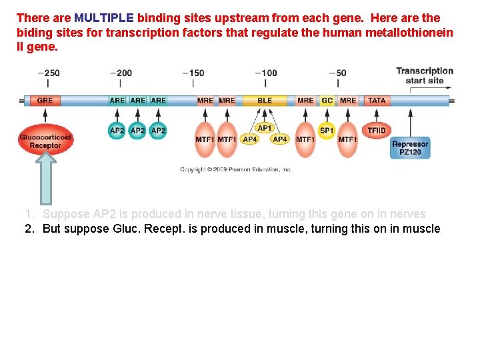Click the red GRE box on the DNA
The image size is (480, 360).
45,101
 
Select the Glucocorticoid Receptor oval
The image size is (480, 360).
45,141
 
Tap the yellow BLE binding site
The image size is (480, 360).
265,101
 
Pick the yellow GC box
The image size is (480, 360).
327,101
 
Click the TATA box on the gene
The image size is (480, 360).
377,101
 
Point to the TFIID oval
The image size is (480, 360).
377,130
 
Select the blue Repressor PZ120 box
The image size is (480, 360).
410,148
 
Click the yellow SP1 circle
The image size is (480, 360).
327,131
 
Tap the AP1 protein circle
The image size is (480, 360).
265,128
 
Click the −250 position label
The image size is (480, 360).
47,73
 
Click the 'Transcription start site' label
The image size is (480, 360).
424,75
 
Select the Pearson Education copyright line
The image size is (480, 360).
235,170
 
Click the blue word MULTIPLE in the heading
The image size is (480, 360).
104,18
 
